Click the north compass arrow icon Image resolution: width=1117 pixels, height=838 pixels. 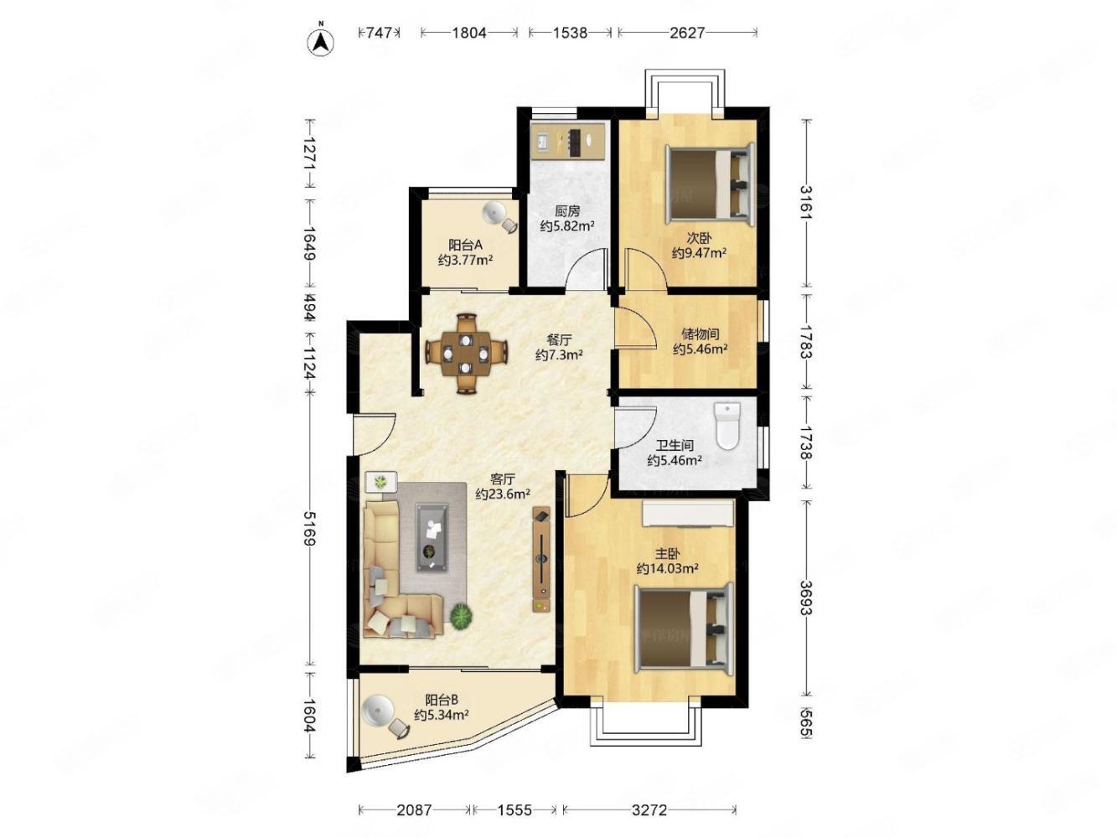321,41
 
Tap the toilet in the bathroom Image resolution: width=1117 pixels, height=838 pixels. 727,426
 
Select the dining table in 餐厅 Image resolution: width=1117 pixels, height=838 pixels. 466,353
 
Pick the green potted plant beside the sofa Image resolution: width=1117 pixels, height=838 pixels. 461,617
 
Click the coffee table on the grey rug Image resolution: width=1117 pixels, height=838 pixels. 432,537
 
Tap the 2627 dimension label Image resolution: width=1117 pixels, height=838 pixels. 687,33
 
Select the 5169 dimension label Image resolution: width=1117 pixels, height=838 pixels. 309,529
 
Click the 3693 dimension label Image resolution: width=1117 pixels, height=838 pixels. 804,597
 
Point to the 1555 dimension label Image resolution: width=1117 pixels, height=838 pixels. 514,810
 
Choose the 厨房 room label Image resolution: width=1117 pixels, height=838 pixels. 567,210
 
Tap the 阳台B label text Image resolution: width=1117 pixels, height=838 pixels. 442,700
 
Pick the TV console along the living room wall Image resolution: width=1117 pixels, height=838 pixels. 541,559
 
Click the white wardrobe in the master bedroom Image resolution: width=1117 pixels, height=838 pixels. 687,513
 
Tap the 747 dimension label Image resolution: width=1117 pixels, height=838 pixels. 379,33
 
